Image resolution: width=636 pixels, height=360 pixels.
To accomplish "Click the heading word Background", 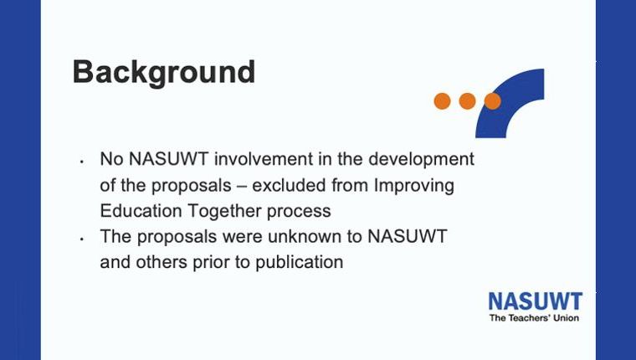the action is click(164, 73).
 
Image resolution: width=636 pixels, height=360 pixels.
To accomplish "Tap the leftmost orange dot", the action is click(442, 101).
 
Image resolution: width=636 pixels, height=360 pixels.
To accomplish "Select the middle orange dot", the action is click(467, 101).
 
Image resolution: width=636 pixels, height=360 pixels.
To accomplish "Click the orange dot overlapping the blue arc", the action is click(492, 101).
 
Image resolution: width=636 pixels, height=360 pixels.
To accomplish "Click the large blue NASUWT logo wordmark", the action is click(536, 301).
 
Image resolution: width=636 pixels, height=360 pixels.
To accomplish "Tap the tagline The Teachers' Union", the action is click(534, 318).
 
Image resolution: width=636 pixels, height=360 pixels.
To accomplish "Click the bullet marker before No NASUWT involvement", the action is click(81, 162).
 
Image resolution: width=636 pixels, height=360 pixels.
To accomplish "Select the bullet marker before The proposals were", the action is click(81, 239).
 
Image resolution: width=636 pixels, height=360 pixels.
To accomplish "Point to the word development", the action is click(421, 160).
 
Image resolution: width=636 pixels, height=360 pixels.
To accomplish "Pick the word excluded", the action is click(289, 185).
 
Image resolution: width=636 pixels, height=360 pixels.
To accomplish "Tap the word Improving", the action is click(413, 186).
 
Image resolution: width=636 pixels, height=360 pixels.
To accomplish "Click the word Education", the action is click(141, 211).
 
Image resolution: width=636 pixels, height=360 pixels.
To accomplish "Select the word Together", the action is click(224, 212).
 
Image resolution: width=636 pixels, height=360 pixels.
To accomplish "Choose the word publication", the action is click(300, 263).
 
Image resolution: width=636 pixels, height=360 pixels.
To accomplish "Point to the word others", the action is click(162, 262).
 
